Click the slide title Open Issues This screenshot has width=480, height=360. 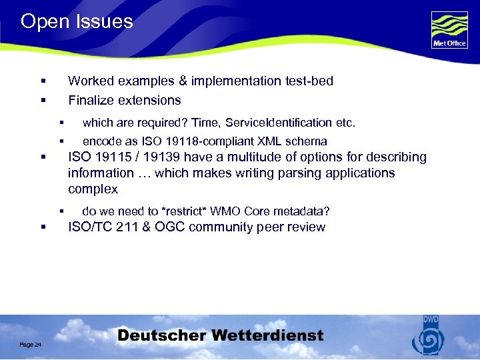[77, 21]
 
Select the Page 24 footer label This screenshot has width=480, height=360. [31, 344]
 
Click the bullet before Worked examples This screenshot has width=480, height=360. [43, 81]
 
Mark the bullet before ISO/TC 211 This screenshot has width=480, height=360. [43, 227]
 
